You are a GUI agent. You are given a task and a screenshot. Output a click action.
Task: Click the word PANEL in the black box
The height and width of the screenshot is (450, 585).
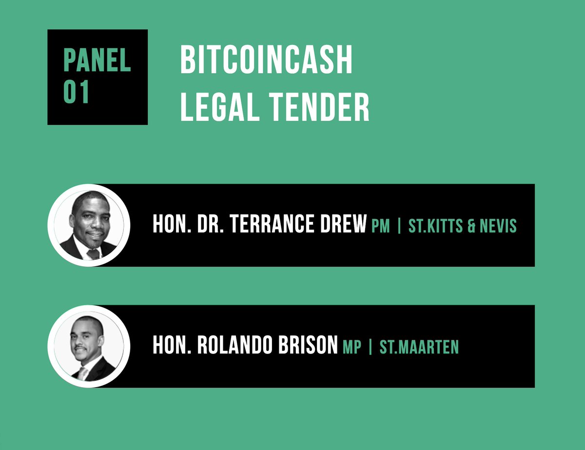[97, 60]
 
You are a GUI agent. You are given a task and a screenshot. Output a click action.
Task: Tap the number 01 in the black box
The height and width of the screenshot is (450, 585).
[77, 92]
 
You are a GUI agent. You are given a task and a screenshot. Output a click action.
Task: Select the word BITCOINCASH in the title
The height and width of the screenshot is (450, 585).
[266, 60]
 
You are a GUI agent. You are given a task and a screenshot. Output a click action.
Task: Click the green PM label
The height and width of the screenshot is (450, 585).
[381, 226]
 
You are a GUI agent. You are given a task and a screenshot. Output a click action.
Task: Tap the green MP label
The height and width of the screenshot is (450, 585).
[352, 347]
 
